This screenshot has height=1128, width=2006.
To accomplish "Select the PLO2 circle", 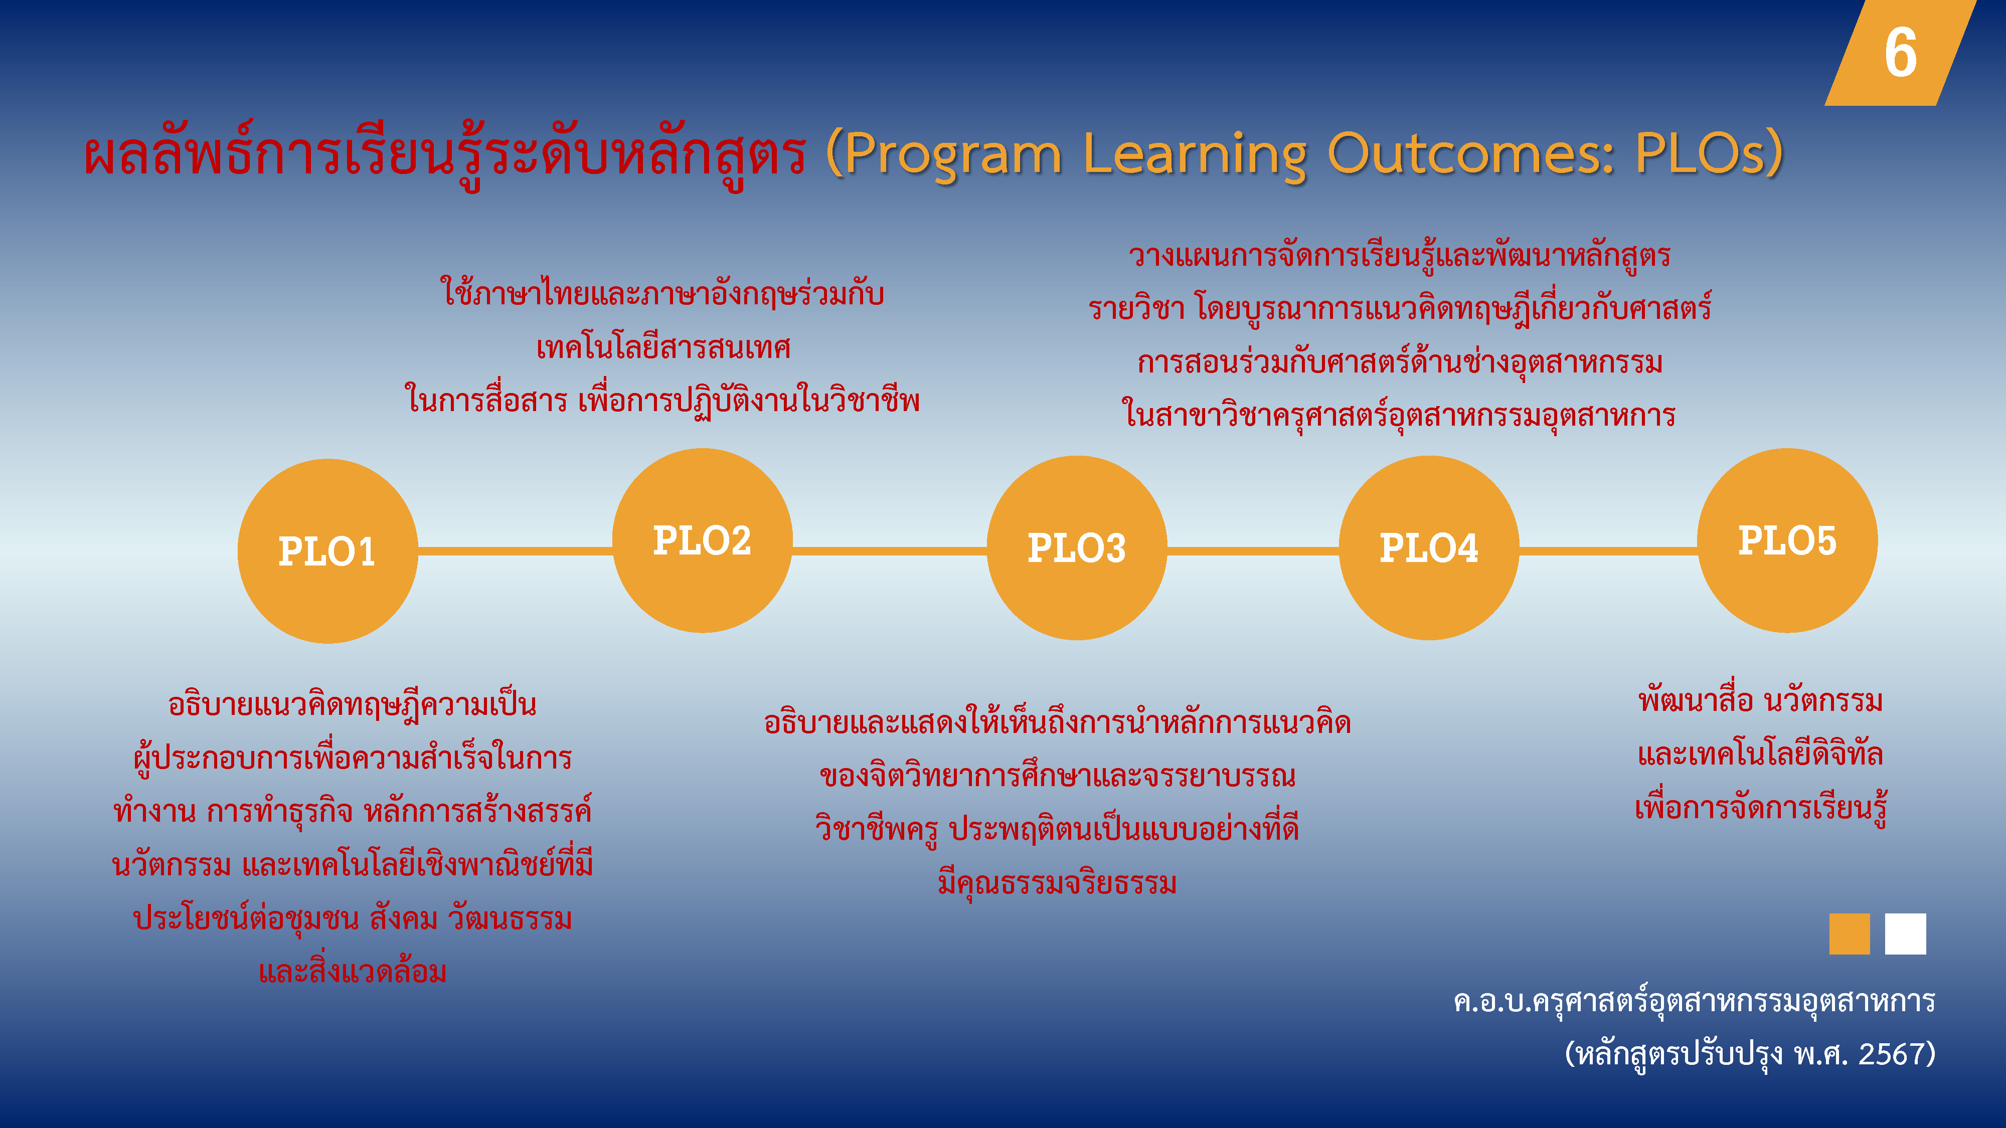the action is pyautogui.click(x=703, y=540).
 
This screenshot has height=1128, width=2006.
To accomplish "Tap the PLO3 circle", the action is pyautogui.click(x=1077, y=547).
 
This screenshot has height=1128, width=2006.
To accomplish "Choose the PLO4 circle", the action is pyautogui.click(x=1429, y=547).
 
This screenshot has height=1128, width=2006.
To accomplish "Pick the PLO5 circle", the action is pyautogui.click(x=1787, y=540).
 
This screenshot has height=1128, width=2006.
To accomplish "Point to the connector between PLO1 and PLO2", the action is pyautogui.click(x=515, y=551).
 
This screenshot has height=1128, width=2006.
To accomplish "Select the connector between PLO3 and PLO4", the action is pyautogui.click(x=1253, y=551).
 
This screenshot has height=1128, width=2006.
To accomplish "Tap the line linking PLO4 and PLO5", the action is pyautogui.click(x=1609, y=551).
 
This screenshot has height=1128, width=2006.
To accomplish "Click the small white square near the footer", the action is pyautogui.click(x=1906, y=933).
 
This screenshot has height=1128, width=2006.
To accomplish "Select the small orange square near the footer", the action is pyautogui.click(x=1850, y=933).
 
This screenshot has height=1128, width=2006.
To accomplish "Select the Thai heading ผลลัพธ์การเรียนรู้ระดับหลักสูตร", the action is pyautogui.click(x=445, y=153).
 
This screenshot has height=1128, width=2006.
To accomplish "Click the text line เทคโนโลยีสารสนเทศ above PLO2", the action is pyautogui.click(x=663, y=347).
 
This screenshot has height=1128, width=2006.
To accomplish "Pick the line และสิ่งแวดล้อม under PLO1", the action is pyautogui.click(x=353, y=971).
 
